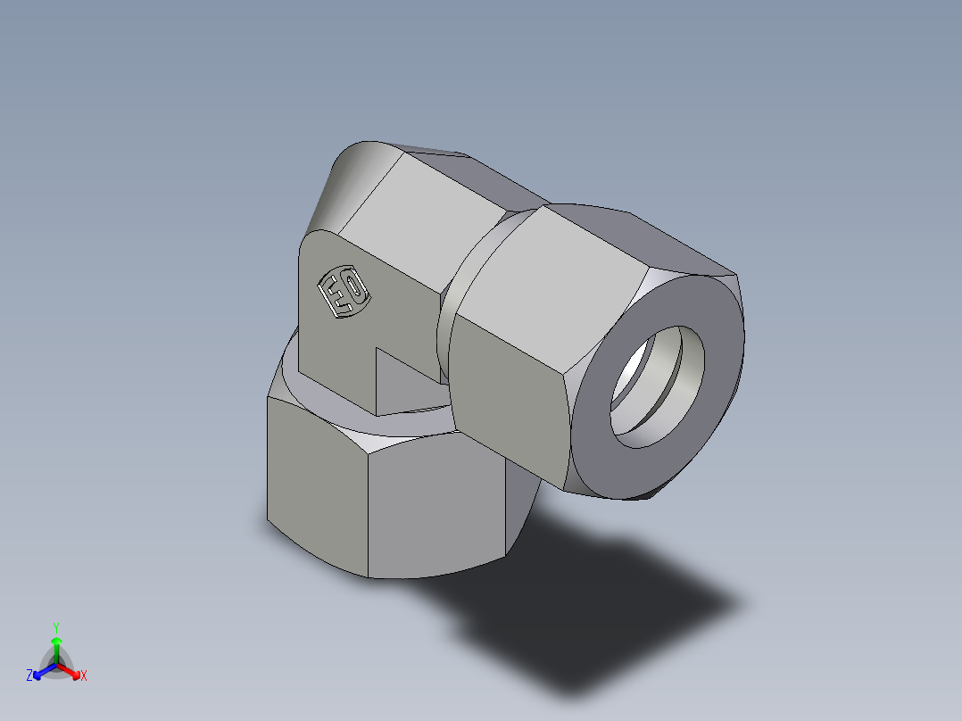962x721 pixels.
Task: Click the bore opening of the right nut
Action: (x=658, y=385)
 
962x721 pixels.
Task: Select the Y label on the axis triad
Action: (x=56, y=626)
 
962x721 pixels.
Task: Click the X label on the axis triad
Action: (x=84, y=676)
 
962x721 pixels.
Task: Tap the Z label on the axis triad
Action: (x=29, y=676)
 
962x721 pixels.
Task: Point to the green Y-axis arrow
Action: (x=56, y=646)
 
